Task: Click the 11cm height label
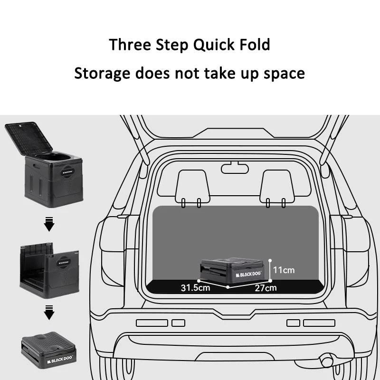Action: [284, 270]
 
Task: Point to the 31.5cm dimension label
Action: [195, 287]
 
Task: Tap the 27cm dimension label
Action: [265, 287]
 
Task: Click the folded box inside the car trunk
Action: [233, 269]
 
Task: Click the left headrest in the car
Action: [191, 185]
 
